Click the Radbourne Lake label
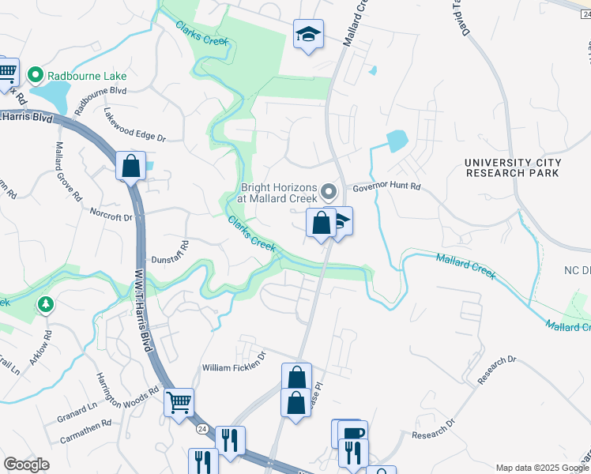(87, 77)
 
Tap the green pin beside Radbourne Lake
(35, 76)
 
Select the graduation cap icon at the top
(308, 34)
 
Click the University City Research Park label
(513, 167)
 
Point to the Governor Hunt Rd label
(386, 188)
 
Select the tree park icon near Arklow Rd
(46, 304)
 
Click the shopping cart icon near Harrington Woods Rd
(179, 401)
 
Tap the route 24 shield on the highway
(202, 427)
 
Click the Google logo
(27, 465)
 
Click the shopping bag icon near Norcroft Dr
(130, 167)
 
